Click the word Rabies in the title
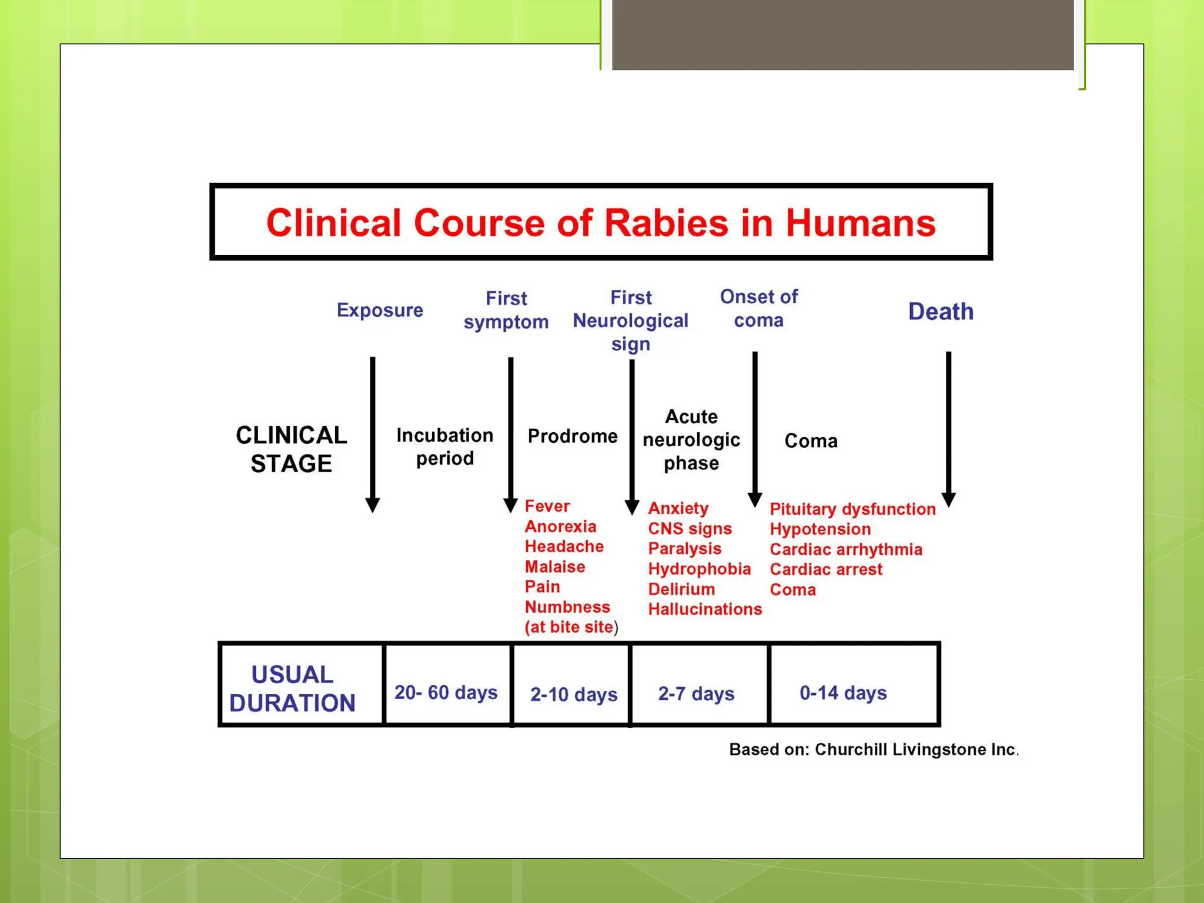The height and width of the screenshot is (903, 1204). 666,223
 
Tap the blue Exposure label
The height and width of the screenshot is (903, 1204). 380,310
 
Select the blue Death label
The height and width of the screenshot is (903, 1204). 941,312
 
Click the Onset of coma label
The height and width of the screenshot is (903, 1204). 758,309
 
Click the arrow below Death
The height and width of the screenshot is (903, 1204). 948,429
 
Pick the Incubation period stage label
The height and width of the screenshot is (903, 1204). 444,447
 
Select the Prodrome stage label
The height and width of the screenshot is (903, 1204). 572,436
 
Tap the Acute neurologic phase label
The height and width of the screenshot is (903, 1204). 691,440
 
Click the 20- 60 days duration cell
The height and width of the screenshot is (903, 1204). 446,693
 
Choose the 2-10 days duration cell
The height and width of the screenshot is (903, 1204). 573,694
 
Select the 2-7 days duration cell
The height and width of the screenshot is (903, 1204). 696,694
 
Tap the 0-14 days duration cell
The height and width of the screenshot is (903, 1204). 843,693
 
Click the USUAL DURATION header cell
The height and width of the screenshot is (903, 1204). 292,688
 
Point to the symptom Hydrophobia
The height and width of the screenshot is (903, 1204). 699,569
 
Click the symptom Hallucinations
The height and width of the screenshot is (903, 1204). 705,609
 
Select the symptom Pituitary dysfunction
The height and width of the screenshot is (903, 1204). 852,509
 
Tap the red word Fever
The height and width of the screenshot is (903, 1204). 547,506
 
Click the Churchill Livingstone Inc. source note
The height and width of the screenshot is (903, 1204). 874,750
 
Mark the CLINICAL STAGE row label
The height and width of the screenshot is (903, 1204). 291,449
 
